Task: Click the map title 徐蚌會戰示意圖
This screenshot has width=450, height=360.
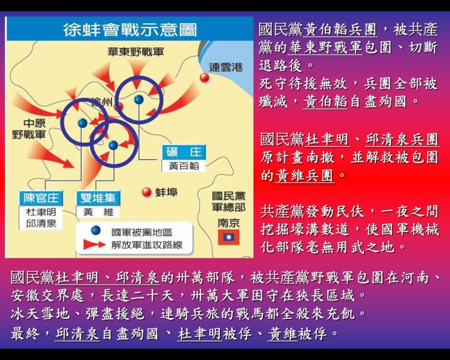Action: click(x=130, y=30)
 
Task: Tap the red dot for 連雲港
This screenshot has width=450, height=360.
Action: click(x=204, y=78)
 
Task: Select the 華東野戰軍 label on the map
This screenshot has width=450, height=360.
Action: click(x=136, y=51)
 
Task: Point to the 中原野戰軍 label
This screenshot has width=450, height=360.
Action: click(x=29, y=129)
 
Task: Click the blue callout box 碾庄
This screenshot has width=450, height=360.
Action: click(x=184, y=152)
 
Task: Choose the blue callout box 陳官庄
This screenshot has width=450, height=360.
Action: click(x=40, y=198)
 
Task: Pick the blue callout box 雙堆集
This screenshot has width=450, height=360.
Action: click(x=98, y=198)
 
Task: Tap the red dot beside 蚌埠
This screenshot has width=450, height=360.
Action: click(x=147, y=192)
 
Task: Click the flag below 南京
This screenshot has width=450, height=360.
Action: click(x=228, y=237)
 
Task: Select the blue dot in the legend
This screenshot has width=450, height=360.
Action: click(x=96, y=230)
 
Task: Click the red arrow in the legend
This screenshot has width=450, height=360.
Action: click(x=94, y=245)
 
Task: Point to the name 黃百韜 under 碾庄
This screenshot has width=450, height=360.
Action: click(x=184, y=166)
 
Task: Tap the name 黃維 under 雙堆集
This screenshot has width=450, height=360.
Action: click(x=98, y=212)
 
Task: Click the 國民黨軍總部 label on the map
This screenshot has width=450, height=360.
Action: click(x=229, y=201)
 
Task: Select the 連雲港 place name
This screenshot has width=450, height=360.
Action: click(x=226, y=67)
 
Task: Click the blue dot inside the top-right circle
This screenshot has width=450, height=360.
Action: click(x=139, y=100)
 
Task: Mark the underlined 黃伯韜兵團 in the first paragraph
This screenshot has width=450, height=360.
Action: click(x=340, y=30)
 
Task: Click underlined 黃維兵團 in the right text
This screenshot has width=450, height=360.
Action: click(x=305, y=175)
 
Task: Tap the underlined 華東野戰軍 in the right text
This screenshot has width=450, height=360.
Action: click(x=325, y=48)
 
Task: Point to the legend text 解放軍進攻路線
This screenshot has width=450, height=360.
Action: click(x=147, y=245)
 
